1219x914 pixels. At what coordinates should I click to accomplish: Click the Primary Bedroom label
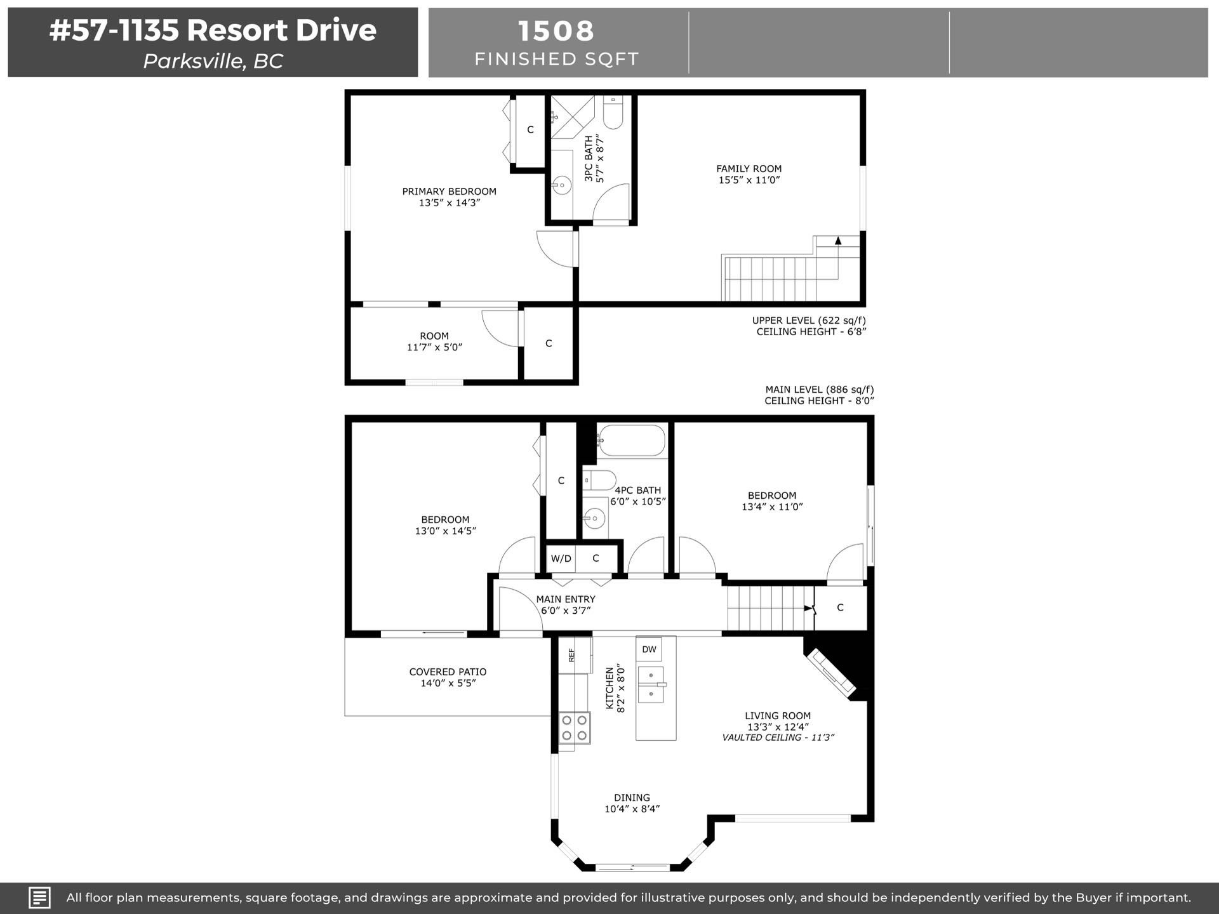(x=449, y=191)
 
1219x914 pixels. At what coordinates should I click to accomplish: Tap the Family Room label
(x=749, y=168)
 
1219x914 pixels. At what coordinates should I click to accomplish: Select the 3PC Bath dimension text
(x=600, y=159)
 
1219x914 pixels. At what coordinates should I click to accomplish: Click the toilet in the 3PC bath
(x=613, y=112)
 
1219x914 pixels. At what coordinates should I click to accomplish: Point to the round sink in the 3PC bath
(x=561, y=186)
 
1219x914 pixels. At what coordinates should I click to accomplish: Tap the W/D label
(x=561, y=559)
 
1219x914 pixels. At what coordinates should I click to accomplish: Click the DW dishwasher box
(x=649, y=649)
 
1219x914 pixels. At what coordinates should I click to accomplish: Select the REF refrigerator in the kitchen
(x=575, y=654)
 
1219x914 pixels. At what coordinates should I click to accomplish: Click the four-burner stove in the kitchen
(x=575, y=728)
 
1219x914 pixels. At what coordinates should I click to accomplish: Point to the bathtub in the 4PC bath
(x=631, y=441)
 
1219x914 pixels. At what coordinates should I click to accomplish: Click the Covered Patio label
(x=448, y=672)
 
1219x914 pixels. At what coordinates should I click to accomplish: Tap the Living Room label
(x=778, y=715)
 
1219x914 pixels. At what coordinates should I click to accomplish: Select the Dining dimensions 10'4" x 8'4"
(x=632, y=809)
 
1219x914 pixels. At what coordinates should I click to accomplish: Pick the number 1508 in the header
(x=556, y=30)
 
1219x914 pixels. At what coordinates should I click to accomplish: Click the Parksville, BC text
(x=213, y=61)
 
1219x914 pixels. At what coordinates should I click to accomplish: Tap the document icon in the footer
(x=39, y=897)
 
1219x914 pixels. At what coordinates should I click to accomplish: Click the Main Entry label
(x=566, y=599)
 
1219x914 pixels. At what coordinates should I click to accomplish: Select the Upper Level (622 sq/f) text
(x=809, y=320)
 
